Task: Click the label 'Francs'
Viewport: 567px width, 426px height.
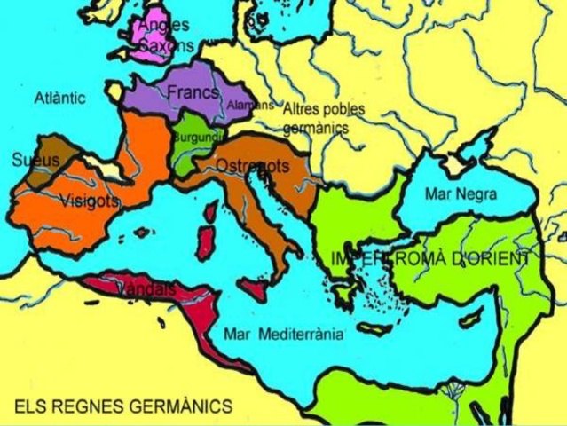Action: click(193, 91)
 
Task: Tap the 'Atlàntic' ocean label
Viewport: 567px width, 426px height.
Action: click(60, 98)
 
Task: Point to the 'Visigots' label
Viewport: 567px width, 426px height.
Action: click(90, 201)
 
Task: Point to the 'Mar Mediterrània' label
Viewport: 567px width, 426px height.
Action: click(283, 335)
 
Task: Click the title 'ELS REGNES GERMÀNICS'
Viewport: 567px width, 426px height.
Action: click(123, 406)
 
